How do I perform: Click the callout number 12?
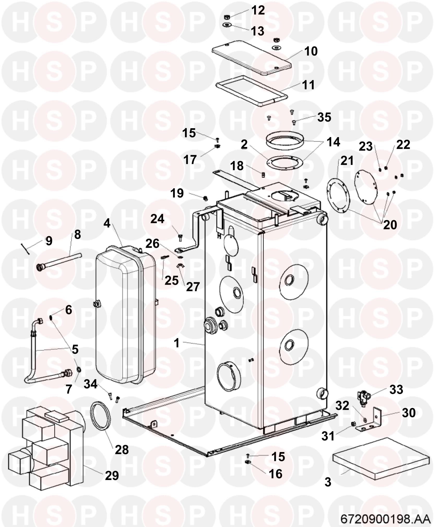[258, 10]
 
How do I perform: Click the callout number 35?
[324, 117]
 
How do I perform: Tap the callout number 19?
[177, 194]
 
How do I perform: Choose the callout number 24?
[157, 219]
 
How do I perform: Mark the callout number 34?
[91, 384]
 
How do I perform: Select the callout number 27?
[193, 287]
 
